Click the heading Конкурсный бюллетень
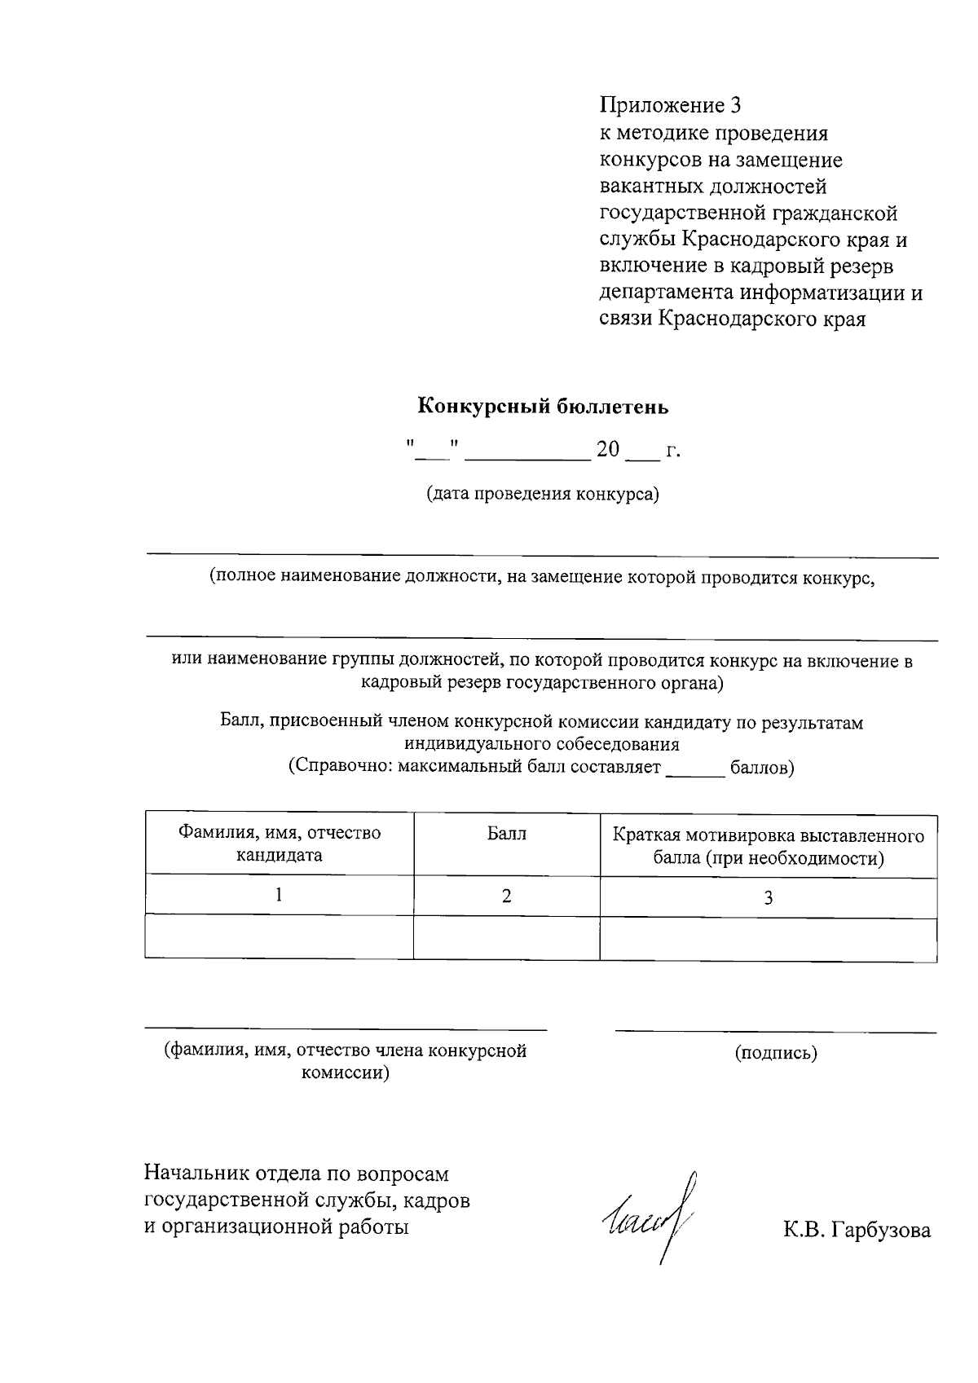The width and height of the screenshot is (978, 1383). click(x=543, y=405)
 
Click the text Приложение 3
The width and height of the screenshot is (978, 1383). click(x=671, y=105)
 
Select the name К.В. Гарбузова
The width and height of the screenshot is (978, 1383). click(x=857, y=1231)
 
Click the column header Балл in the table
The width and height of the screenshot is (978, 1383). click(x=506, y=834)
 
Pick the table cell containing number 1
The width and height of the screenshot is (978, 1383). click(x=279, y=896)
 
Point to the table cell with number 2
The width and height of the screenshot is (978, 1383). click(x=506, y=896)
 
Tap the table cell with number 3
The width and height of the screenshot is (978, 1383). click(x=768, y=898)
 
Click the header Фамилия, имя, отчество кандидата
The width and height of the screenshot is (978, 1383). click(x=280, y=844)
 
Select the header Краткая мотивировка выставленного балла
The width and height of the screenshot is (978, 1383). click(x=768, y=847)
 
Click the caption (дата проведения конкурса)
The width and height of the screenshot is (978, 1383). click(x=543, y=494)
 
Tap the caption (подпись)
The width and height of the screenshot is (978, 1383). click(x=775, y=1053)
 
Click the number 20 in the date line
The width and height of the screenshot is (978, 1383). click(x=608, y=449)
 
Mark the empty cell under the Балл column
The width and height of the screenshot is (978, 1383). click(x=506, y=937)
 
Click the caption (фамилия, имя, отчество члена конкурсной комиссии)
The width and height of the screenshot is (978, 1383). click(x=346, y=1061)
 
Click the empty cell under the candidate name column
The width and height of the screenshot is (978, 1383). click(x=279, y=937)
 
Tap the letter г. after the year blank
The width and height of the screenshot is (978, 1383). click(x=672, y=450)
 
